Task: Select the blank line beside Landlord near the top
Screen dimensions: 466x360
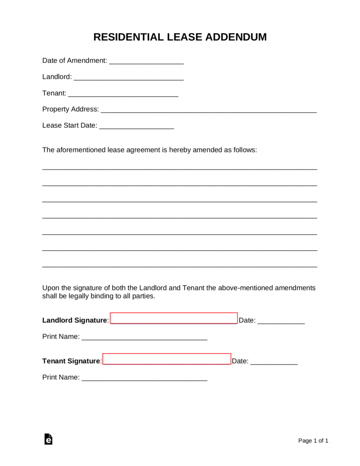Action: (128, 79)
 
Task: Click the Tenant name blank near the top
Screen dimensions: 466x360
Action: (123, 95)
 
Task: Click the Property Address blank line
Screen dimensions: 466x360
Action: (208, 111)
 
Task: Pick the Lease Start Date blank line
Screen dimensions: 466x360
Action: (137, 127)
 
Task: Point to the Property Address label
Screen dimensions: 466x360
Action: (70, 109)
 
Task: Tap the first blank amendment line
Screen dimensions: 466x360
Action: (180, 168)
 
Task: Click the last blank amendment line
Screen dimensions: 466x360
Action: (180, 266)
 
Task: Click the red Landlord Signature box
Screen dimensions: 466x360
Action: (174, 318)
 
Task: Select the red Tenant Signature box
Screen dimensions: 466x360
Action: (167, 359)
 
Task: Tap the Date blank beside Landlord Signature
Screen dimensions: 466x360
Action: (281, 322)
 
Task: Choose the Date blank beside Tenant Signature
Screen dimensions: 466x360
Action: (274, 363)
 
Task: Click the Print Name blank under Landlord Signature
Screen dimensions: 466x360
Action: (144, 339)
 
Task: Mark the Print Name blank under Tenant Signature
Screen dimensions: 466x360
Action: (144, 379)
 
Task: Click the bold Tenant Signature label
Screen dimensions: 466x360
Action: (71, 361)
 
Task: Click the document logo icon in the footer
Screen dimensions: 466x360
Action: (48, 439)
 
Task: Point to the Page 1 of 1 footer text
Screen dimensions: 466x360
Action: (313, 441)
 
